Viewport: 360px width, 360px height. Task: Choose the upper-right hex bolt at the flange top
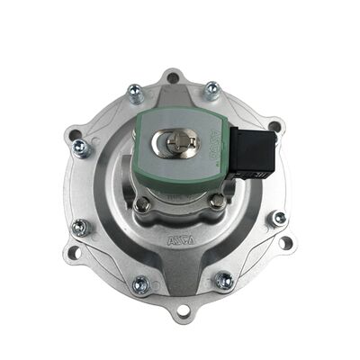click(212, 89)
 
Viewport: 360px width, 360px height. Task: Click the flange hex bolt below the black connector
click(278, 219)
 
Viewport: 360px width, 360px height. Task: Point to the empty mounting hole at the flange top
click(173, 77)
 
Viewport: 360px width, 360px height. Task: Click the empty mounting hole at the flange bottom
click(184, 311)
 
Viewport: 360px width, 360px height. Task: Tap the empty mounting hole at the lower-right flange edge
click(285, 242)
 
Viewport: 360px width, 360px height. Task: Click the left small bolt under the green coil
click(141, 205)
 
